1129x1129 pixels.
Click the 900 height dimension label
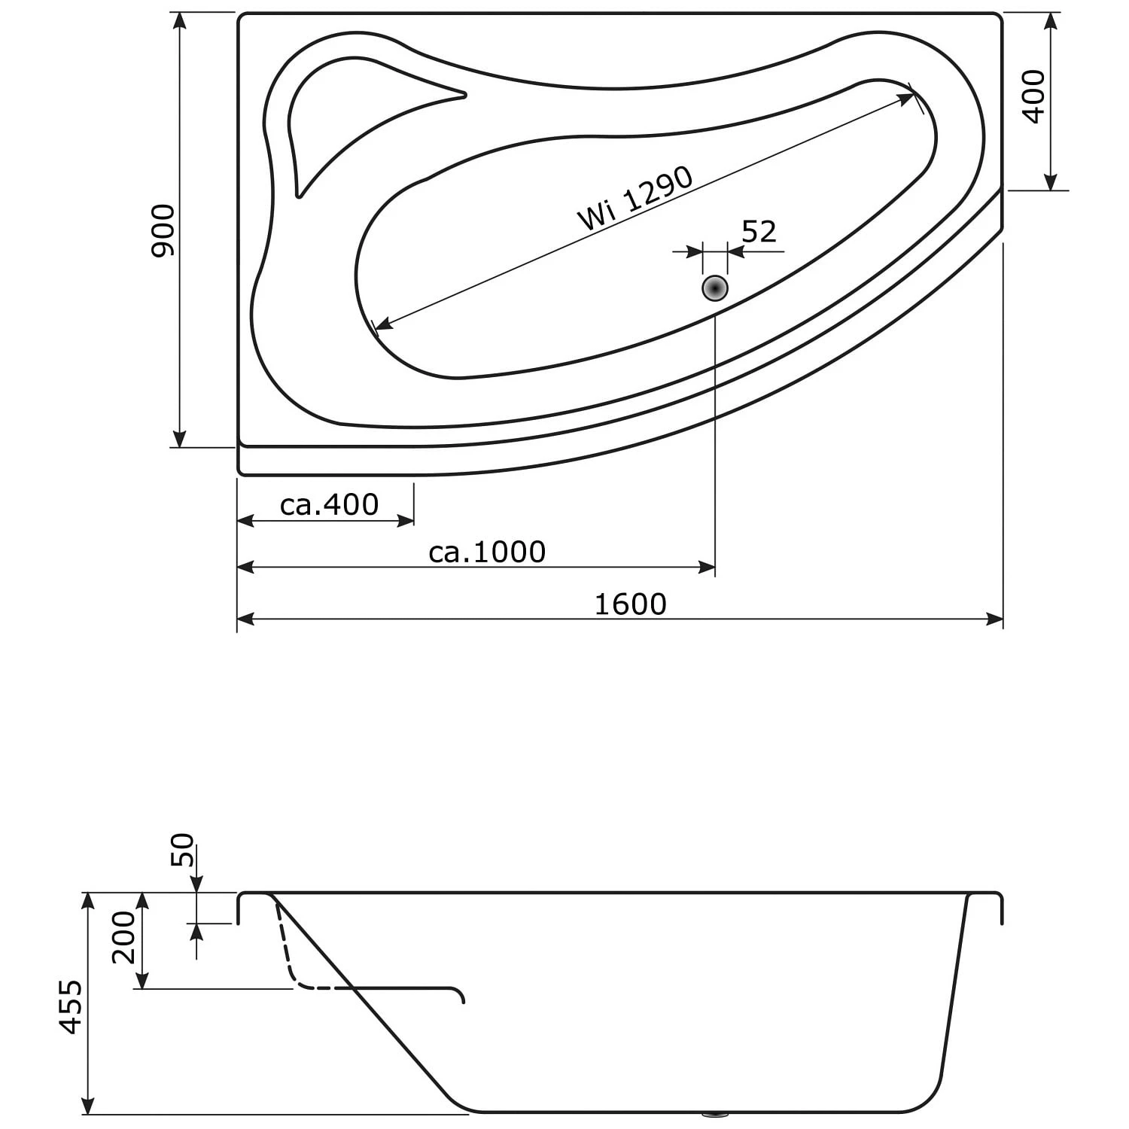163,230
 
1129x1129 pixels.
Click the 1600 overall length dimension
631,604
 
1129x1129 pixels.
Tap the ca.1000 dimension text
487,552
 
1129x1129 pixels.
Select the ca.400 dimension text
329,504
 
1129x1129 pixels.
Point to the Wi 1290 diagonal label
634,198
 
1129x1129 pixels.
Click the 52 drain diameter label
759,232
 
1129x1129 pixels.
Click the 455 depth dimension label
72,1006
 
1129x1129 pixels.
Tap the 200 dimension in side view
123,937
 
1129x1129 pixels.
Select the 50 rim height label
182,851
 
